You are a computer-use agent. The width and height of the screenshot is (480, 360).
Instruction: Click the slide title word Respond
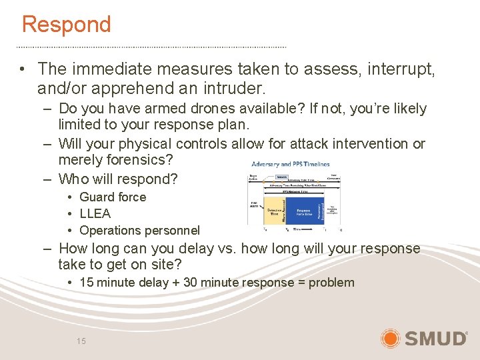coord(66,25)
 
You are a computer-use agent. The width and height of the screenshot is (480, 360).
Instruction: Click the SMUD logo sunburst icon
coord(391,338)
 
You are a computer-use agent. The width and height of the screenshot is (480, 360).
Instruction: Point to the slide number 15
coord(81,341)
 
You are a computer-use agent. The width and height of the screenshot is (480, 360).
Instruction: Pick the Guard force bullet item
coord(112,197)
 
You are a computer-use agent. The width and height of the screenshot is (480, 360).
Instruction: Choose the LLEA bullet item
coord(95,213)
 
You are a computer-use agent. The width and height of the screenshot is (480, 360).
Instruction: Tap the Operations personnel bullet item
coord(139,231)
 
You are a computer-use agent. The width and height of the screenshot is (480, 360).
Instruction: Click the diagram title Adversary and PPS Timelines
coord(290,164)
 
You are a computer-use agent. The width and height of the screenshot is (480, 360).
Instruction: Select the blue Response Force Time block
coord(303,209)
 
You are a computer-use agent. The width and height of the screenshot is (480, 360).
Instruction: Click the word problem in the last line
coord(331,282)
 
